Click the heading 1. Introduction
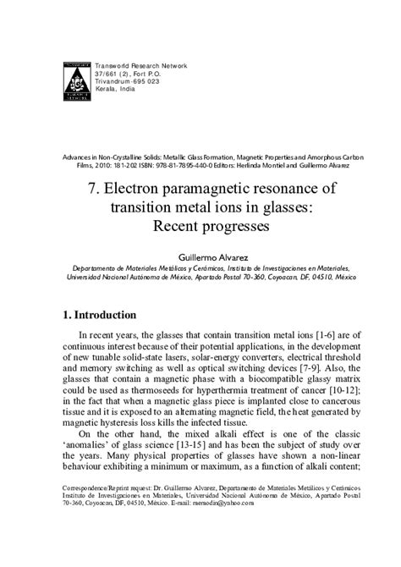click(x=99, y=315)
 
